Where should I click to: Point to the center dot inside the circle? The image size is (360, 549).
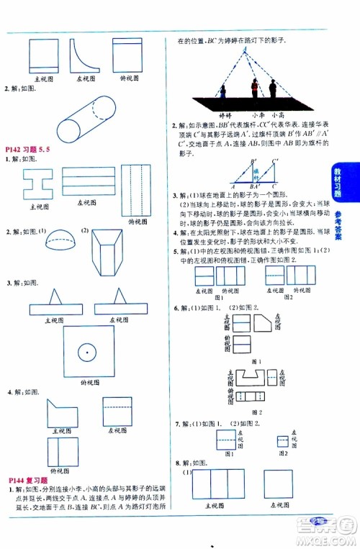point(88,352)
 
